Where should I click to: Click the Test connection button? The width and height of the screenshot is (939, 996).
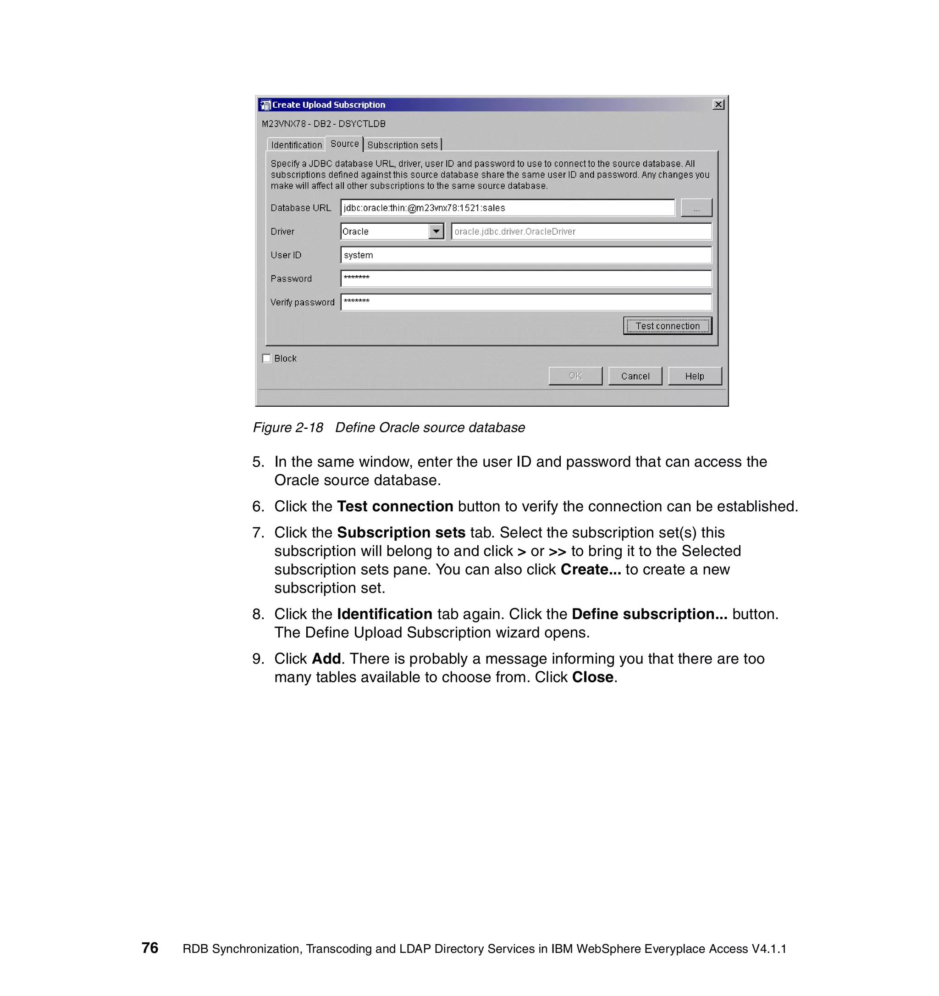click(x=667, y=326)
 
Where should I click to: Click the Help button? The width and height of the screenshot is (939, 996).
click(x=694, y=376)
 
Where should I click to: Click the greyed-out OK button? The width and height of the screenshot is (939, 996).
click(x=575, y=376)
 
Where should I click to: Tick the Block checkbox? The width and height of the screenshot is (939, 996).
click(x=266, y=358)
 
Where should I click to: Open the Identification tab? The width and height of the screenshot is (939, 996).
click(x=296, y=145)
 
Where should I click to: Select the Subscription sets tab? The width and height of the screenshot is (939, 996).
click(x=402, y=145)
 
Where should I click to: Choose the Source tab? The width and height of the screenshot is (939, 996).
click(x=344, y=144)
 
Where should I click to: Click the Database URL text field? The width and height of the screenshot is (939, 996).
click(x=507, y=207)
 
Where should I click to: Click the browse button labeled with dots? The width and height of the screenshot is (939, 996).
click(x=696, y=207)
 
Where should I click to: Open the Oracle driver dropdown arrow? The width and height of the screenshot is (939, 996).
click(x=436, y=231)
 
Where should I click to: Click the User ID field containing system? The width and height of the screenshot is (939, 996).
click(x=526, y=255)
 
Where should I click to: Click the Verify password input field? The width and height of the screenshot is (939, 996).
click(x=526, y=302)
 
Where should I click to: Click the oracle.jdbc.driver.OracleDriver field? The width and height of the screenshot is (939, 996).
click(x=581, y=231)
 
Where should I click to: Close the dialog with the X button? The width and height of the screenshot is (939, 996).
click(x=718, y=104)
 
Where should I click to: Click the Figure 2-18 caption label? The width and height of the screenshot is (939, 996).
click(x=389, y=427)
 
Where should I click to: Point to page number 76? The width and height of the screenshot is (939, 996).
click(x=150, y=947)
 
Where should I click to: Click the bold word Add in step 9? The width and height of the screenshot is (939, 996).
click(x=326, y=658)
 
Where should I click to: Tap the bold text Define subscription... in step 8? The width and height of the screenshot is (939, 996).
click(x=649, y=614)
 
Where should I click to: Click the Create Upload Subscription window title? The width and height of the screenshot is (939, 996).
click(x=329, y=104)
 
